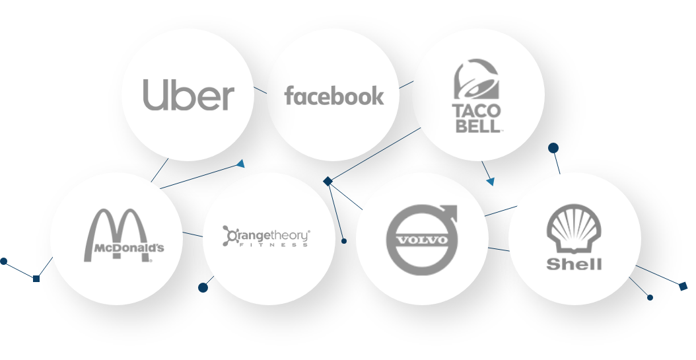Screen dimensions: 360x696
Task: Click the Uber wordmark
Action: tap(188, 96)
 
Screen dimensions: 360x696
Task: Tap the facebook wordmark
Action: tap(333, 96)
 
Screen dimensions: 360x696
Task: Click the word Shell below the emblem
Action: tap(574, 264)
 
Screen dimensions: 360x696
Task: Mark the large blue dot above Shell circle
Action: tap(553, 148)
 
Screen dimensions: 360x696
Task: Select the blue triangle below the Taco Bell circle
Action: tap(490, 180)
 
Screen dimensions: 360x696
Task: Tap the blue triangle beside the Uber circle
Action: tap(241, 163)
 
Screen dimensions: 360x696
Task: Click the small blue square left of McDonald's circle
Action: tap(36, 279)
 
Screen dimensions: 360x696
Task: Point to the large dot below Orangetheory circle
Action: tap(203, 287)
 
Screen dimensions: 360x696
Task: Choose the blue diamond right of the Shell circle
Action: tap(683, 286)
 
